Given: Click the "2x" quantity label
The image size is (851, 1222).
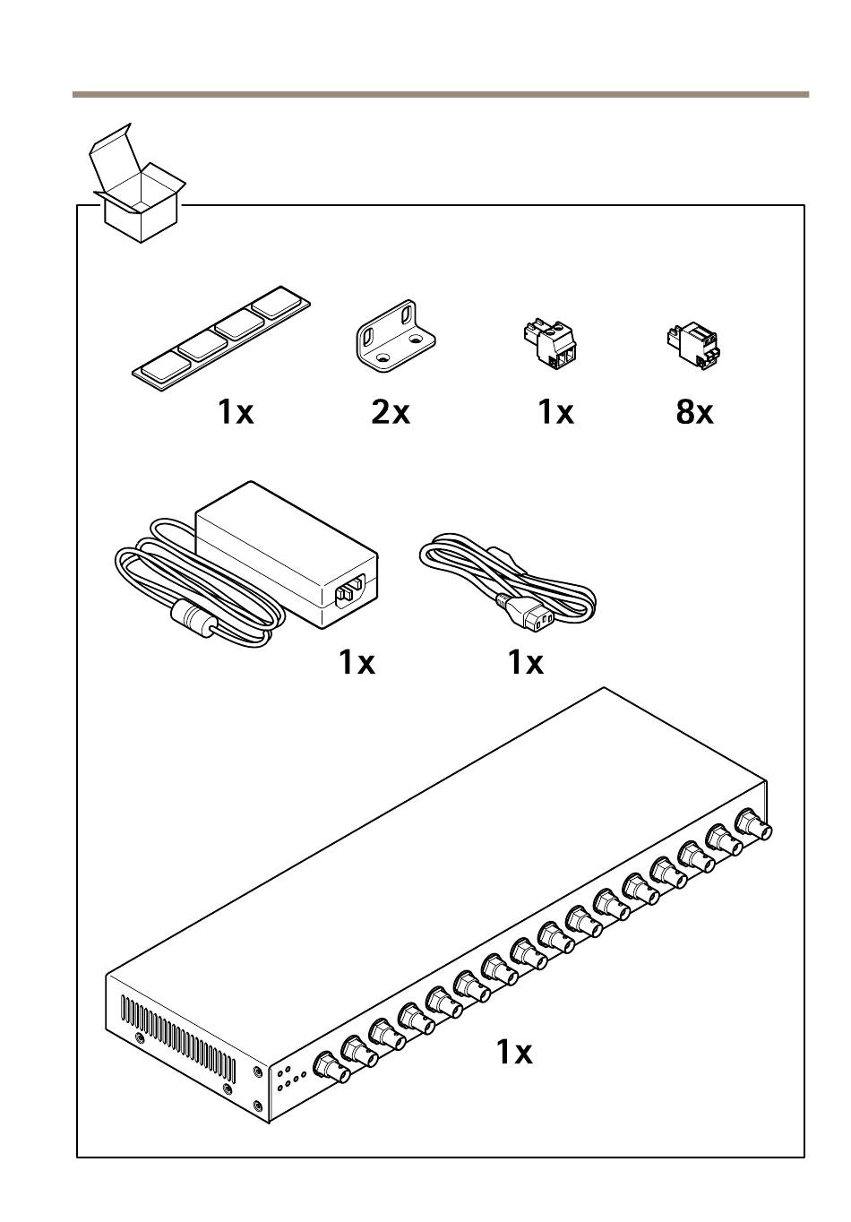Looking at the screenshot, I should coord(391,412).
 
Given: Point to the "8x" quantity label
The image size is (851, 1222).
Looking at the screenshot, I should coord(694,412).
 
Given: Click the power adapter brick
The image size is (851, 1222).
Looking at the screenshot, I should coord(287,551).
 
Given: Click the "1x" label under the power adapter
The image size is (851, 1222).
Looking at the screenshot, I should coord(357,662).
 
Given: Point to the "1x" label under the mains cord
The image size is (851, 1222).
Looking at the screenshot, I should coord(525,662).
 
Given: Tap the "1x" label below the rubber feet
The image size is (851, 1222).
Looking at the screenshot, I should coord(236,412).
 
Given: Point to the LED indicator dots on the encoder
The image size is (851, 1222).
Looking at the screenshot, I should coord(291,1078).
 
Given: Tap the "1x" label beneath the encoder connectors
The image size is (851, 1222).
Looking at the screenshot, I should coord(514,1052).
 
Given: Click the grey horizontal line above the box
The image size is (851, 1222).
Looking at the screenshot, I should coord(440,94).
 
